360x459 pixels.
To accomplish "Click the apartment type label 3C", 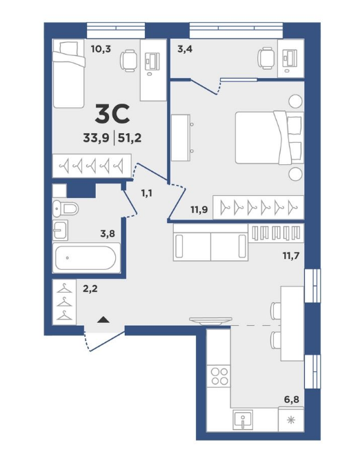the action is click(112, 114).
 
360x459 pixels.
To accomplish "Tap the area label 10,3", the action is click(101, 49).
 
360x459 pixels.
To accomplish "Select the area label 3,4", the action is click(185, 49).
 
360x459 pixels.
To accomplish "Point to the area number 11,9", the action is click(199, 210).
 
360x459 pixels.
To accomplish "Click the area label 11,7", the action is click(291, 256).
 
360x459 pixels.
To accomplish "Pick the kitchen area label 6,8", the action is click(292, 399).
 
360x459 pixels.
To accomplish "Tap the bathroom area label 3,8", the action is click(108, 233).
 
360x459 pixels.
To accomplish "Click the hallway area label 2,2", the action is click(90, 289).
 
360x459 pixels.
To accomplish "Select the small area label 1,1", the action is click(146, 193).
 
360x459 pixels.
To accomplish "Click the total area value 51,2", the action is click(130, 138).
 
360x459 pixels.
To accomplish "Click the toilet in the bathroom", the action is click(66, 208).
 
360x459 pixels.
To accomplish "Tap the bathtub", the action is click(86, 258).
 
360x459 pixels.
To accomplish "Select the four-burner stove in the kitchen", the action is click(219, 376).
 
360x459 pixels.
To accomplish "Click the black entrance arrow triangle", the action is click(103, 320).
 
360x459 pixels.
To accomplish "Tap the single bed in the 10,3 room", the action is click(69, 74).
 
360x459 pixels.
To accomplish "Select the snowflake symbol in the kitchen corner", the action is click(291, 420).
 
